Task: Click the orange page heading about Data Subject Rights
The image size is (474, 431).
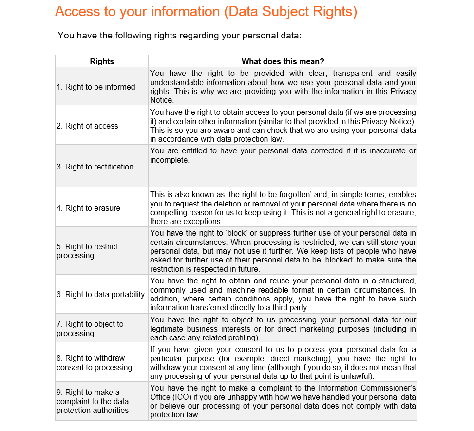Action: tap(206, 12)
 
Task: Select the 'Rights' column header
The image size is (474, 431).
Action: tap(102, 61)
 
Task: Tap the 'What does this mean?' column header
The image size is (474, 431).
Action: tap(283, 61)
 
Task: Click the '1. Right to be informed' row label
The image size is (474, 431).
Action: tap(96, 87)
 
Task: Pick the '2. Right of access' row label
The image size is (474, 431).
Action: tap(88, 126)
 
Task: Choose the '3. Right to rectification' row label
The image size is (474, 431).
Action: tap(95, 167)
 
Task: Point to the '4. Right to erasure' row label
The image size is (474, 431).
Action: tap(89, 208)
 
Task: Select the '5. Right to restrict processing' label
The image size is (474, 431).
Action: tap(87, 251)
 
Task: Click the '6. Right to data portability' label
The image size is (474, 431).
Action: tap(101, 294)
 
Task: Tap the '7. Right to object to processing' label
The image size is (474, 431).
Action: tap(90, 329)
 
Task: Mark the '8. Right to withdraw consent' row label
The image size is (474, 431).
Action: tap(95, 363)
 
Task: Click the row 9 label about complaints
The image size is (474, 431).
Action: tap(93, 401)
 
